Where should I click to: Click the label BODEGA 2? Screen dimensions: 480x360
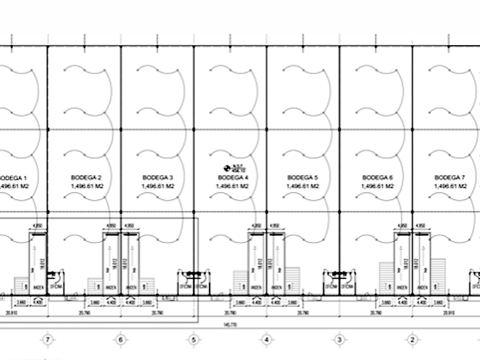[x=87, y=178]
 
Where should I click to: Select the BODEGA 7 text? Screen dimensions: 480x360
[x=450, y=178]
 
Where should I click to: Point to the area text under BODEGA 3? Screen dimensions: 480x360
[x=158, y=186]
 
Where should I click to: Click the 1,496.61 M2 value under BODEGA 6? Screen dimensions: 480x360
[x=378, y=186]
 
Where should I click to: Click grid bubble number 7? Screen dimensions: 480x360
[x=48, y=340]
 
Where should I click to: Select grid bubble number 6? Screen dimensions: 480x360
[x=121, y=340]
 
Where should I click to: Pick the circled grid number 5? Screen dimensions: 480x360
[x=194, y=340]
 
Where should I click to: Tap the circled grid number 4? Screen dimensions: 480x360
[x=266, y=340]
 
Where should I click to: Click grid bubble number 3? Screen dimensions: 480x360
[x=339, y=340]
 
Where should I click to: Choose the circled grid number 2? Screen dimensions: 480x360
[x=412, y=340]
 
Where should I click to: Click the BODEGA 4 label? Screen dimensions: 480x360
[x=233, y=178]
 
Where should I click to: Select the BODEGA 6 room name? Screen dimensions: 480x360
[x=378, y=178]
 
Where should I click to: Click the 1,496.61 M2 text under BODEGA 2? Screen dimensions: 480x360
[x=87, y=186]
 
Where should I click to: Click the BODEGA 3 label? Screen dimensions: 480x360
[x=158, y=178]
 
